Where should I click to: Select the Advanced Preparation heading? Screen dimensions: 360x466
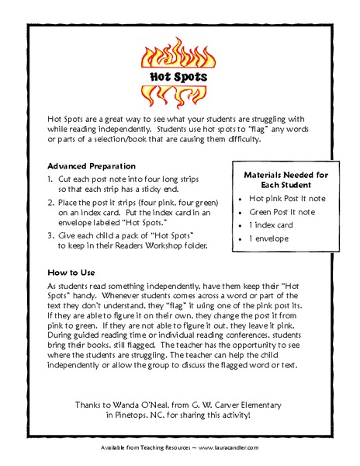tap(92, 166)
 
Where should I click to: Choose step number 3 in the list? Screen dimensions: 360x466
tap(50, 233)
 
